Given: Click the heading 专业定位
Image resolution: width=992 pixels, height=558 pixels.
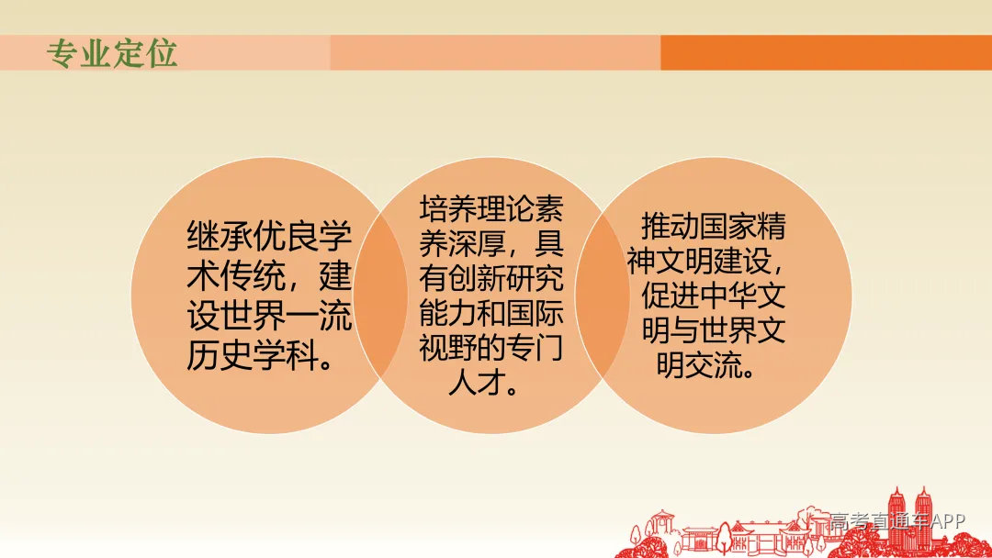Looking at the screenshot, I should point(112,54).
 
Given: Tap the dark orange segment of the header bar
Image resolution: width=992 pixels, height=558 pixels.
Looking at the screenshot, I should point(825,53).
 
